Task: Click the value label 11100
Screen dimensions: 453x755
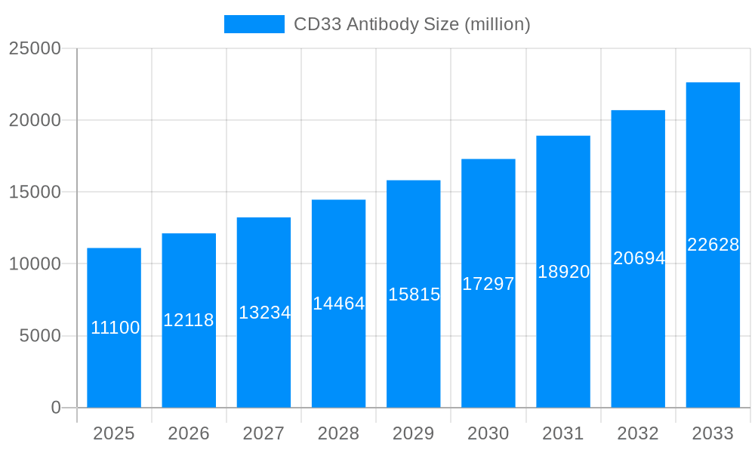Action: [x=115, y=328]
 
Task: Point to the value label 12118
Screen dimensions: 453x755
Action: [x=189, y=320]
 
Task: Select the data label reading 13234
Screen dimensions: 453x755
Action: [x=264, y=313]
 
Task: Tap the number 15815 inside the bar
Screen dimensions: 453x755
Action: [x=414, y=294]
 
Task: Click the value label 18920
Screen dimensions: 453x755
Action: [x=563, y=272]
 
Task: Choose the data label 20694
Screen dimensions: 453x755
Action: [x=639, y=258]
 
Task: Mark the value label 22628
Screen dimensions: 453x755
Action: [x=713, y=245]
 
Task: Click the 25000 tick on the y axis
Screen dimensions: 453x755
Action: [x=35, y=48]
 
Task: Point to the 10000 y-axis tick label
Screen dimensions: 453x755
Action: [x=35, y=264]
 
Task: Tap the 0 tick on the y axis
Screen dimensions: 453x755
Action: [x=56, y=408]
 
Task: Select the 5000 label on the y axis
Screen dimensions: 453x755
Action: [x=40, y=336]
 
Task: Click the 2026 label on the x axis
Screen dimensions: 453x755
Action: [x=189, y=433]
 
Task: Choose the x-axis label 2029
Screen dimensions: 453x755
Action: [x=414, y=433]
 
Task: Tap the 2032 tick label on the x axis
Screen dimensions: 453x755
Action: [x=638, y=433]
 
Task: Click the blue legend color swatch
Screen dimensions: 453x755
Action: [x=254, y=24]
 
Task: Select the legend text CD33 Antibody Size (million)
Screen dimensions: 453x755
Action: [x=411, y=24]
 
